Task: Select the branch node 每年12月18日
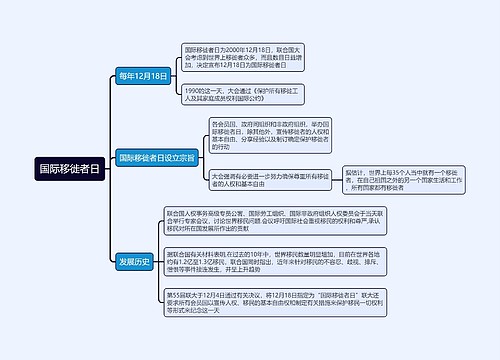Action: pyautogui.click(x=142, y=76)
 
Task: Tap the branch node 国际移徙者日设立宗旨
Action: pyautogui.click(x=157, y=157)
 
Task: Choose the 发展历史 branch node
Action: pyautogui.click(x=134, y=262)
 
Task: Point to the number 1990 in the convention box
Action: pyautogui.click(x=194, y=92)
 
